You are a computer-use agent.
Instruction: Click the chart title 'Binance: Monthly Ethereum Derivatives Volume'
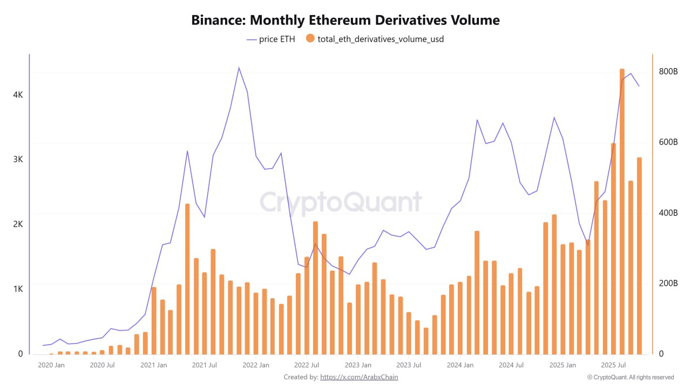pos(345,21)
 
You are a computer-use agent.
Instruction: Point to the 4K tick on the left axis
pos(18,95)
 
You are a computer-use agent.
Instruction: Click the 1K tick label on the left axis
pos(18,289)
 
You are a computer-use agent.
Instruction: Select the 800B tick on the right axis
pos(668,71)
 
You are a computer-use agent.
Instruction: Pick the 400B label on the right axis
pos(668,213)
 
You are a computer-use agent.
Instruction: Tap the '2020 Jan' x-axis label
pos(51,365)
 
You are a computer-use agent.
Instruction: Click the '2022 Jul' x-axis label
pos(306,365)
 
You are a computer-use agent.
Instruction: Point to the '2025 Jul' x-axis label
pos(613,365)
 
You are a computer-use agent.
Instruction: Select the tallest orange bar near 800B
pos(622,211)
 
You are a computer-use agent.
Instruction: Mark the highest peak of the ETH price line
pos(239,68)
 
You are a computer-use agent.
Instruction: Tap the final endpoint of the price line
pos(639,86)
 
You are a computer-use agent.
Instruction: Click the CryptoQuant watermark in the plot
pos(341,202)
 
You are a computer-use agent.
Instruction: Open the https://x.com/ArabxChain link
pos(359,377)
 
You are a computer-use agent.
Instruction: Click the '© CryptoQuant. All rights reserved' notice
pos(631,377)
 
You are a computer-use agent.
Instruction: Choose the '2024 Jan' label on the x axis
pos(460,365)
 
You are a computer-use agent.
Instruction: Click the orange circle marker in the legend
pos(310,39)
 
